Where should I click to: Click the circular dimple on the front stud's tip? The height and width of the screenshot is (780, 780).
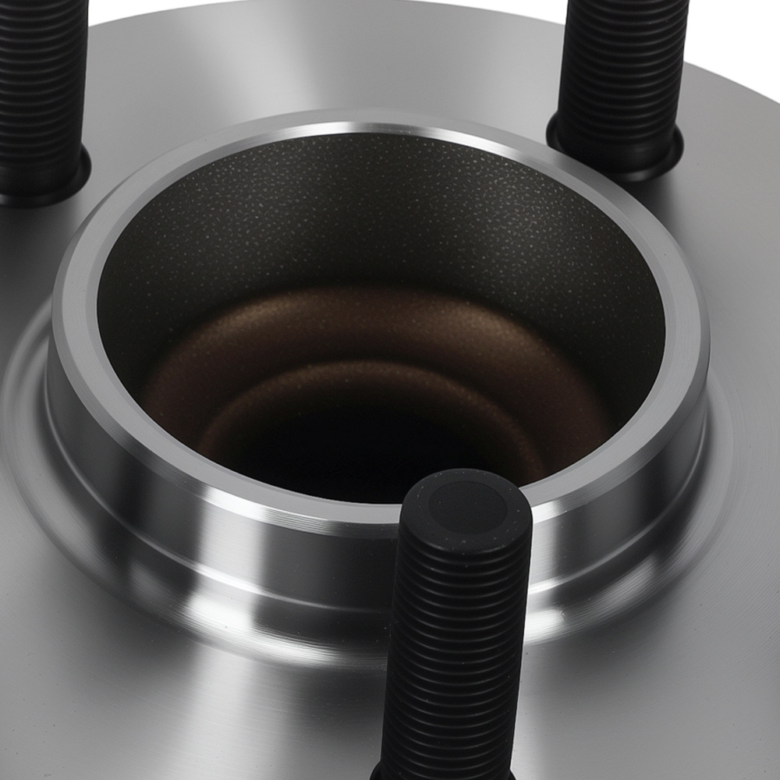coord(466,509)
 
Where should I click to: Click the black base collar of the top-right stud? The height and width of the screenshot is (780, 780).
coord(616,152)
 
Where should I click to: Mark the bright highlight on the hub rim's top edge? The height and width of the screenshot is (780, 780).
coord(374,127)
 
